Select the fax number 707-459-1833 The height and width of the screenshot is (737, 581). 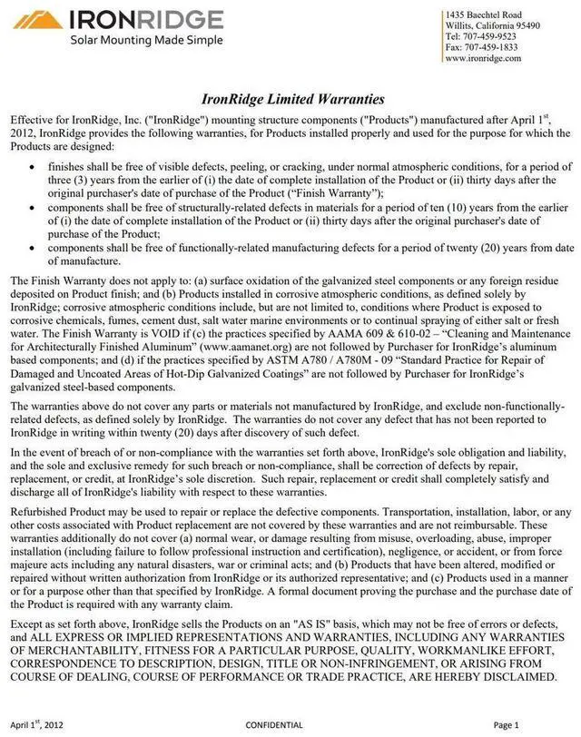pos(494,47)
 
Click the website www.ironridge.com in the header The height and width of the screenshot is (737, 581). pos(483,58)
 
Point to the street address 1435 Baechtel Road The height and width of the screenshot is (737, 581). pos(483,15)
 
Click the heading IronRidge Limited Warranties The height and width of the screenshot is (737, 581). pos(292,98)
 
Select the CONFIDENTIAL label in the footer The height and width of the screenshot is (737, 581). pos(274,725)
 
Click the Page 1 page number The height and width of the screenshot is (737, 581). pos(506,725)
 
